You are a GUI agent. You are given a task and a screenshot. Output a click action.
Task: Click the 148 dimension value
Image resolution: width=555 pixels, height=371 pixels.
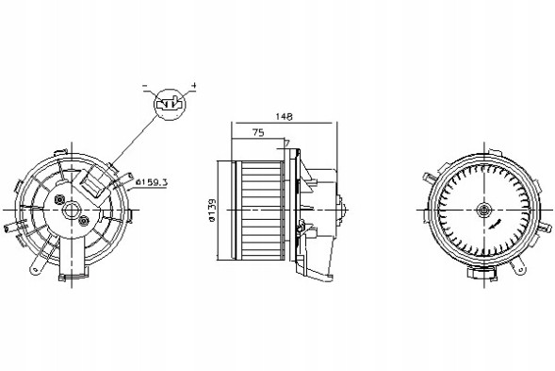coord(284,116)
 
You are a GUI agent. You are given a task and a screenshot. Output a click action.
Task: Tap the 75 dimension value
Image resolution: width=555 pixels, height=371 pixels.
coord(258,133)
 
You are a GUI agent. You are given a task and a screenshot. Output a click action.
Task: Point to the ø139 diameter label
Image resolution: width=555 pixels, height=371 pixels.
coord(212,210)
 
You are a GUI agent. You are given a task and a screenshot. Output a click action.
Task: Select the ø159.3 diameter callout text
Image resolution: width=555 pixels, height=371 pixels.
coord(151,182)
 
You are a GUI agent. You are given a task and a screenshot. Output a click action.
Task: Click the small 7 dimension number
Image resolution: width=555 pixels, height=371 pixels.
coord(287,143)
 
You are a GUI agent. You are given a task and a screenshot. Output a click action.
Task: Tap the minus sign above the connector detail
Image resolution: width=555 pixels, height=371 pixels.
coord(144,86)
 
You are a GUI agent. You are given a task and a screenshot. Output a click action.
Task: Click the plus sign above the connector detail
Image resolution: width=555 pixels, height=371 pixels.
coord(193,86)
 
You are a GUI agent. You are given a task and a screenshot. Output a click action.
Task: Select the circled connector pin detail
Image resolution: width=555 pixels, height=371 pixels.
coord(170,104)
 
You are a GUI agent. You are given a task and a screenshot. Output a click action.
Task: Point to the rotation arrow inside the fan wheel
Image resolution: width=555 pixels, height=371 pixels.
coord(495,225)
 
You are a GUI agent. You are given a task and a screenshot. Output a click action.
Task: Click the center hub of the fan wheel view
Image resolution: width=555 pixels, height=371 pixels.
coord(482,210)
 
